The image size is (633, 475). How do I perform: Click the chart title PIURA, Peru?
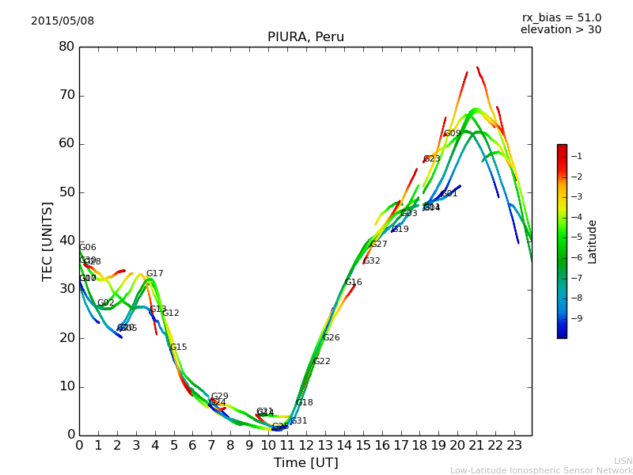point(305,37)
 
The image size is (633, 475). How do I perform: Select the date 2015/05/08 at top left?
point(63,21)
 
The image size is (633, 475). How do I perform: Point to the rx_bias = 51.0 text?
point(561,17)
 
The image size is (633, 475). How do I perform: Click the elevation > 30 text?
point(561,30)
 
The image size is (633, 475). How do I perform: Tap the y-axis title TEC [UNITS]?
point(47,241)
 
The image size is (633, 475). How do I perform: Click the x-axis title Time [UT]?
point(305,463)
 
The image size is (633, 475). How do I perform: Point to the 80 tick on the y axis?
point(66,47)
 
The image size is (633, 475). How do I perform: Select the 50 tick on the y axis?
point(66,192)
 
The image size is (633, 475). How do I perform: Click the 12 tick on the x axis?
point(306,445)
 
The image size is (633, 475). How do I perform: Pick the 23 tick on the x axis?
point(514,445)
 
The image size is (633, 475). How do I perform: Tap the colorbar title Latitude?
point(593,241)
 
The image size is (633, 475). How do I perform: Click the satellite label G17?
point(154,274)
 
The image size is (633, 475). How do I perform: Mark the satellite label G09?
point(452,134)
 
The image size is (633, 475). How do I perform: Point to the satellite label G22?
point(321,362)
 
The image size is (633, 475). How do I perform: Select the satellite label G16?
point(353,283)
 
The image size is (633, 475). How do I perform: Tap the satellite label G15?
point(178,348)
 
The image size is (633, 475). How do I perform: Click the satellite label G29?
point(219,397)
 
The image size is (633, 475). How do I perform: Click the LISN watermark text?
point(623,461)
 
